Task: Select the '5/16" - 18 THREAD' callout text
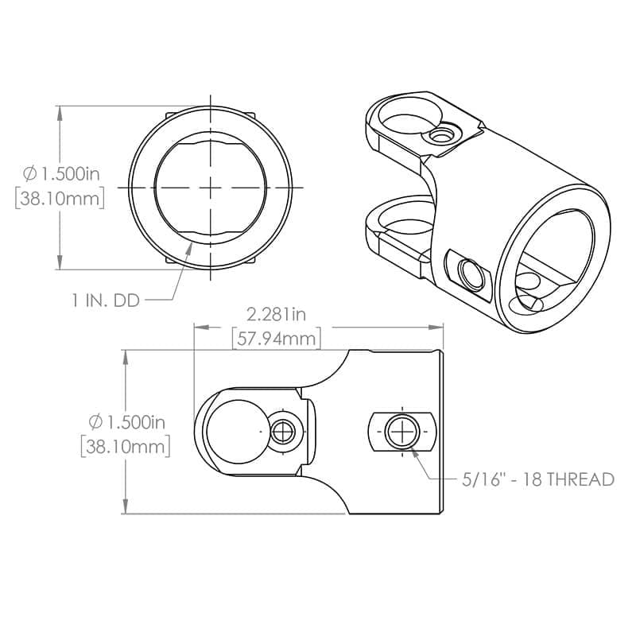(538, 479)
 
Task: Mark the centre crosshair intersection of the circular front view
(211, 187)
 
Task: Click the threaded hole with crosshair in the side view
(402, 432)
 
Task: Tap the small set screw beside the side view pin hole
(284, 432)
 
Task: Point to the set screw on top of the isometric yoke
(442, 136)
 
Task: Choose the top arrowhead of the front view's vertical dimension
(60, 110)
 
